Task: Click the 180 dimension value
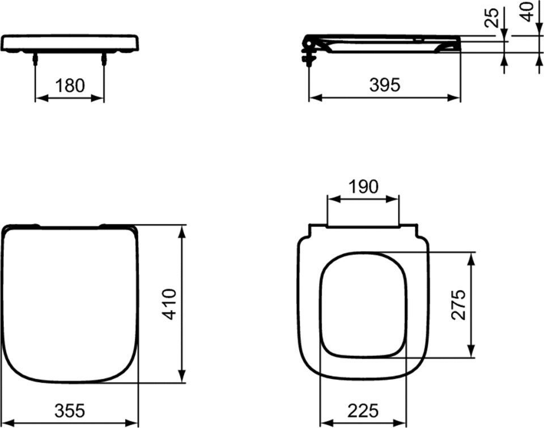pos(70,86)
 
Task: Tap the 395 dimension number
pos(385,84)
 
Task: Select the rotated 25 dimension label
pos(491,18)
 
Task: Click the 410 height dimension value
pos(169,304)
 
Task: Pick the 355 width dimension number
pos(69,410)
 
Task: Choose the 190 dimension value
pos(363,187)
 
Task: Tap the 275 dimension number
pos(458,304)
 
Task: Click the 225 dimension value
pos(363,411)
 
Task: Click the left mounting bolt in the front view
pos(35,59)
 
